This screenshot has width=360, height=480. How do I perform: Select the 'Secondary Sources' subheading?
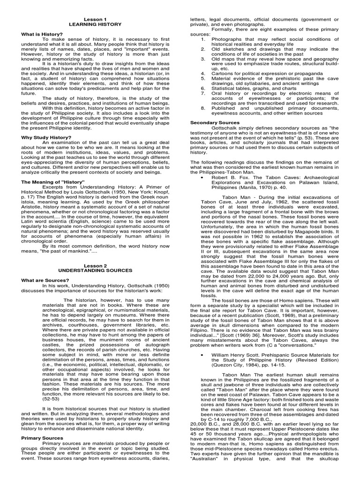(214, 122)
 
